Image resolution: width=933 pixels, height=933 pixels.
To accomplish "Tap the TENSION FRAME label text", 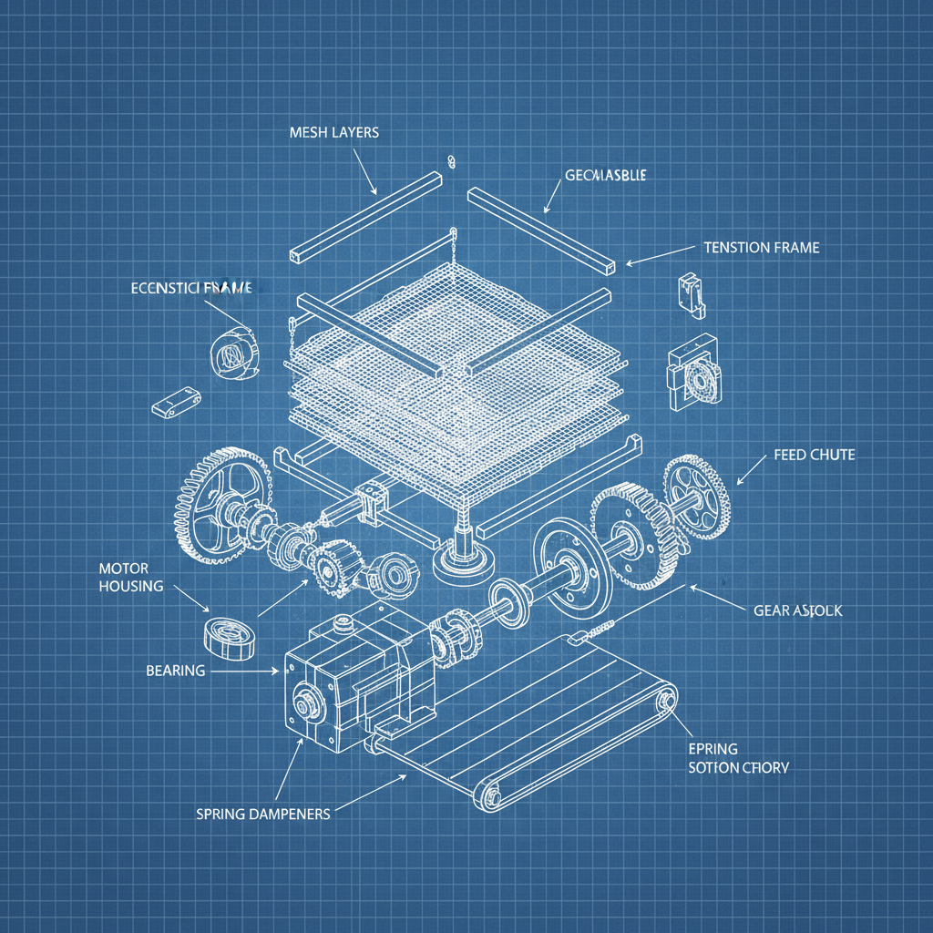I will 761,247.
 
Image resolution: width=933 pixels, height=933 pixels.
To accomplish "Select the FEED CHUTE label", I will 814,454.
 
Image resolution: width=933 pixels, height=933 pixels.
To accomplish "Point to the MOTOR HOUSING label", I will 130,577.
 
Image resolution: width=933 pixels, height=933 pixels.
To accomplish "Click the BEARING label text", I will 175,671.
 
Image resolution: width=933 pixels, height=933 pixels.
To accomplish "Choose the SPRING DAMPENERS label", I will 262,813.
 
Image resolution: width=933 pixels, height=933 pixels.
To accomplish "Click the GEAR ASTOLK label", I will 798,611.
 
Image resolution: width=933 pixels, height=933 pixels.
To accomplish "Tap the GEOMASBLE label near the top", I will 605,176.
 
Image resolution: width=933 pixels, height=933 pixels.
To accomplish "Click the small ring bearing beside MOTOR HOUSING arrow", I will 228,635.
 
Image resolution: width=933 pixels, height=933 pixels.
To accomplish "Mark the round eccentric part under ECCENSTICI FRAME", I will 234,352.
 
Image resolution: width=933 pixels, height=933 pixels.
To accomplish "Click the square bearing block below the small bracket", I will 695,374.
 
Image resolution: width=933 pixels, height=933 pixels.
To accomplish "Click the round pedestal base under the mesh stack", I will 464,565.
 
